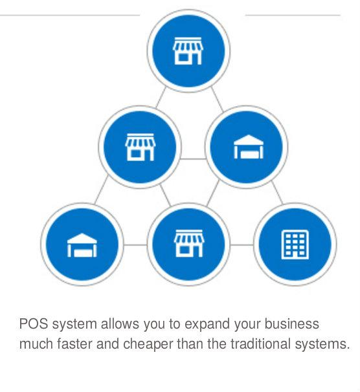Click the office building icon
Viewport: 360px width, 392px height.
(295, 245)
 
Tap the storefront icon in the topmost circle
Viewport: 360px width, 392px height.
(188, 50)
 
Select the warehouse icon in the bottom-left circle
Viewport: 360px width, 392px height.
(82, 245)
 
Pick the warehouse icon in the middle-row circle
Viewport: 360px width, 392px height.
(249, 147)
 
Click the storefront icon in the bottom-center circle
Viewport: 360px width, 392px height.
(189, 243)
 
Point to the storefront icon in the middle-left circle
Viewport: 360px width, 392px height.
(141, 147)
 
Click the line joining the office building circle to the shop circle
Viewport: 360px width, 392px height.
(242, 245)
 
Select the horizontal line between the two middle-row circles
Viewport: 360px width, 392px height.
(193, 158)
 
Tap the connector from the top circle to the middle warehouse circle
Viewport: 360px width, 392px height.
(217, 100)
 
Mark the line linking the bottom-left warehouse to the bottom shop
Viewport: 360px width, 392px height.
(135, 245)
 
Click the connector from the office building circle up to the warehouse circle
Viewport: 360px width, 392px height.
(277, 193)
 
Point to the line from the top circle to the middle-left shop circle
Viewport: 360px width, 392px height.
(161, 98)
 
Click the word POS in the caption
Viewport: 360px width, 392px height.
(34, 323)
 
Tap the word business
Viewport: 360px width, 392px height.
(292, 323)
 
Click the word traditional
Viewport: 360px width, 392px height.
(260, 343)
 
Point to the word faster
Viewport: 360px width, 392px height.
(74, 343)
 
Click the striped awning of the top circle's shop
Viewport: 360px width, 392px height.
(188, 45)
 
